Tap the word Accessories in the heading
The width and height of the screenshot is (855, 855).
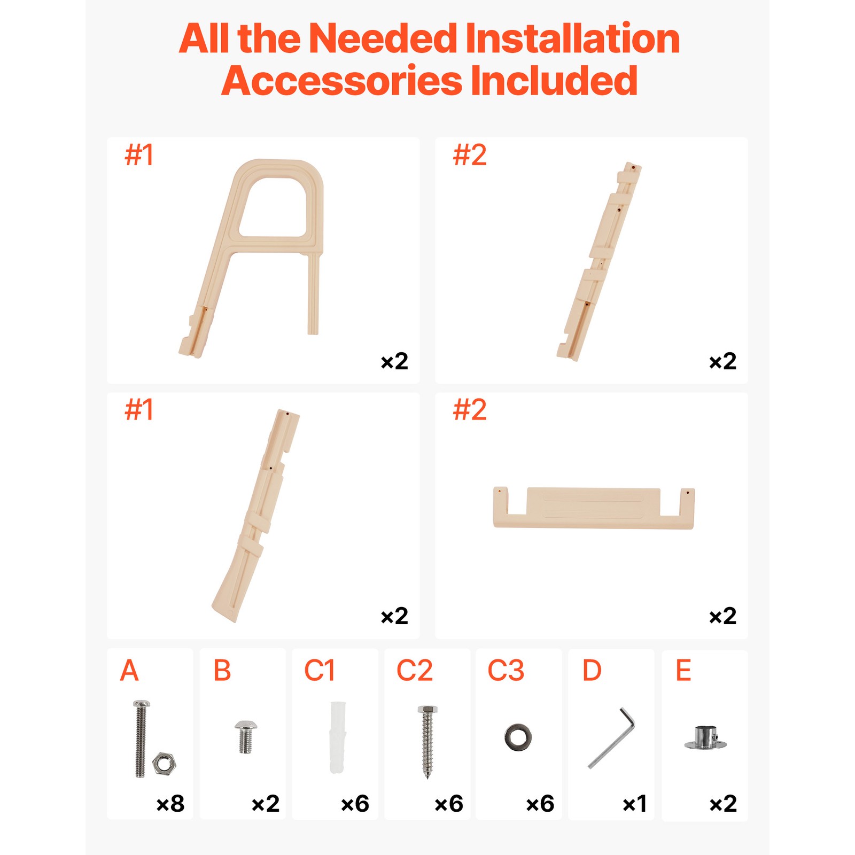(342, 81)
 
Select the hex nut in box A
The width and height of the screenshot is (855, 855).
(164, 763)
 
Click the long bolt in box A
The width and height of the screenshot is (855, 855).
(141, 740)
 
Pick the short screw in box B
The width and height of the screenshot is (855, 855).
(246, 736)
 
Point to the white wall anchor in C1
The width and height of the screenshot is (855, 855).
(338, 737)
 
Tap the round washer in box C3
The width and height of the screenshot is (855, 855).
(518, 737)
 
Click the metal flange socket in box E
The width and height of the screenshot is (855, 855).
(705, 739)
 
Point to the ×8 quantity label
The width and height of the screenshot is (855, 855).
(170, 804)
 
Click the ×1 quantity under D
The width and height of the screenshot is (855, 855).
(635, 804)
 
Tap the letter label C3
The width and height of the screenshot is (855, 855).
(506, 671)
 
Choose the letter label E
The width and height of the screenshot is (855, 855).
(683, 671)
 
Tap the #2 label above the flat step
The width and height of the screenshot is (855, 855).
(470, 410)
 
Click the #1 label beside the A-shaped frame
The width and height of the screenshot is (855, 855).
(139, 156)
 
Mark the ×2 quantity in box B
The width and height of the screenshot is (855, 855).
(266, 804)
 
